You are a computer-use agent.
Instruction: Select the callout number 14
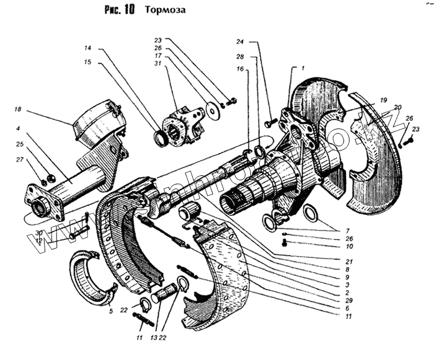pos(88,48)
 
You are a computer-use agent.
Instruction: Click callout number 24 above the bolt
pos(240,42)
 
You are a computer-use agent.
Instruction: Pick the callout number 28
pos(240,57)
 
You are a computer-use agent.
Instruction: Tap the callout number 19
pos(383,99)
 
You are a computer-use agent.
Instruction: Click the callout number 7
pos(347,230)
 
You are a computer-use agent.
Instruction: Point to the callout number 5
pos(112,312)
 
